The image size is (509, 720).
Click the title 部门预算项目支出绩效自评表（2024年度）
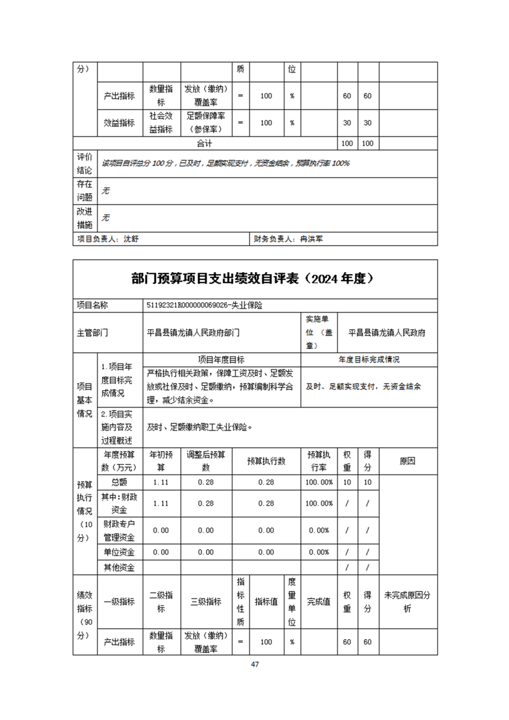(255, 279)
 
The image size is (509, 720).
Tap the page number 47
(255, 664)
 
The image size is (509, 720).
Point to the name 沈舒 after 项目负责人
(131, 239)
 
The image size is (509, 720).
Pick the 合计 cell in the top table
(205, 143)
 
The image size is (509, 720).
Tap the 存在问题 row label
(85, 191)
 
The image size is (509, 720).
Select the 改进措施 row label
(85, 218)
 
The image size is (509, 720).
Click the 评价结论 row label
(85, 163)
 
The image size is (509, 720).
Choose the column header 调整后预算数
(206, 460)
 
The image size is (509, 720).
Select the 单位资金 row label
(119, 552)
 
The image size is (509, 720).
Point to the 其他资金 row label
(119, 567)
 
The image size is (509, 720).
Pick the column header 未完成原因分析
(407, 601)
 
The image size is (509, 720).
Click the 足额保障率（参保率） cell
(206, 123)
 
